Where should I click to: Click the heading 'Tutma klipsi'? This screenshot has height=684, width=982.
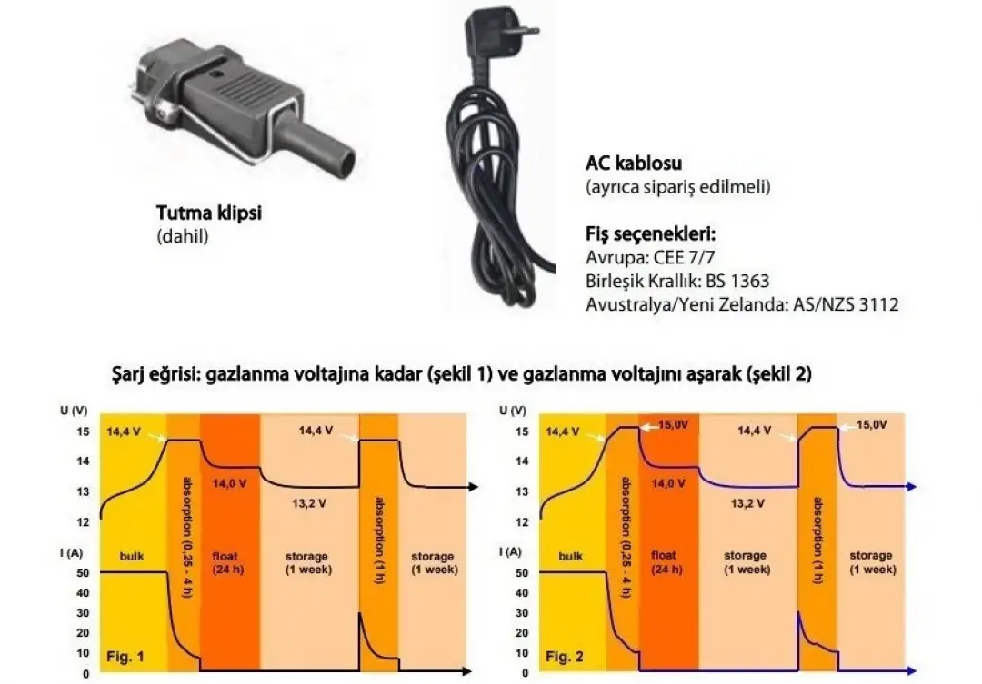click(208, 213)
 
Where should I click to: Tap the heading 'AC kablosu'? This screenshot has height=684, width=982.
click(634, 164)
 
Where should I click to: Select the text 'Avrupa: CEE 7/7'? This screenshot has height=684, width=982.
click(650, 257)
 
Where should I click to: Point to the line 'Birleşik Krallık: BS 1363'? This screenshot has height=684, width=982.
click(677, 281)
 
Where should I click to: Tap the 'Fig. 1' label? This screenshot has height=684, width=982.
click(125, 657)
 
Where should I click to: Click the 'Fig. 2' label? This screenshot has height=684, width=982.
click(565, 657)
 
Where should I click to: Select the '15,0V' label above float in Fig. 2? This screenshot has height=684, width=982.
click(673, 425)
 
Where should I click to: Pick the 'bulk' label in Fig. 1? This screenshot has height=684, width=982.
click(132, 556)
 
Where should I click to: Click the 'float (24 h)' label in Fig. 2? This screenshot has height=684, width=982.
click(666, 562)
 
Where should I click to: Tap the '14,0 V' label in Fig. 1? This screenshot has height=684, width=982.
click(229, 484)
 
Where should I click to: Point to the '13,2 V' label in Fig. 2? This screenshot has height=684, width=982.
click(747, 503)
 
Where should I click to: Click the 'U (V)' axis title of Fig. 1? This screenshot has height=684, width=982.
click(74, 411)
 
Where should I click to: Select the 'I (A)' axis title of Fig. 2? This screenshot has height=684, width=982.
click(510, 552)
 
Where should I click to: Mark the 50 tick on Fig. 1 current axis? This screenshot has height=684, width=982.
click(83, 572)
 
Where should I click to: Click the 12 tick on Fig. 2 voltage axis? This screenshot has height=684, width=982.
click(522, 522)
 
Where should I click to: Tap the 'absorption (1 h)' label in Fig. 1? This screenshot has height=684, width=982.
click(379, 540)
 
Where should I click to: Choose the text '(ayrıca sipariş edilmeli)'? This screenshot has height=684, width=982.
click(677, 187)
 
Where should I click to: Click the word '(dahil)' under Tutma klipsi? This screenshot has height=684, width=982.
click(182, 236)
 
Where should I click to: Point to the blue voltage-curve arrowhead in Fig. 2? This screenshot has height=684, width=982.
click(912, 487)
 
